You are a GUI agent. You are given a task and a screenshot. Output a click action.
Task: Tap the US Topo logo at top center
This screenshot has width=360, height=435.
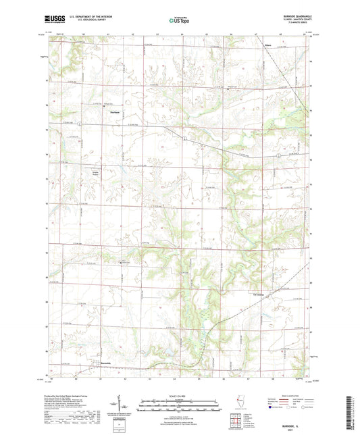pyautogui.click(x=178, y=20)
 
